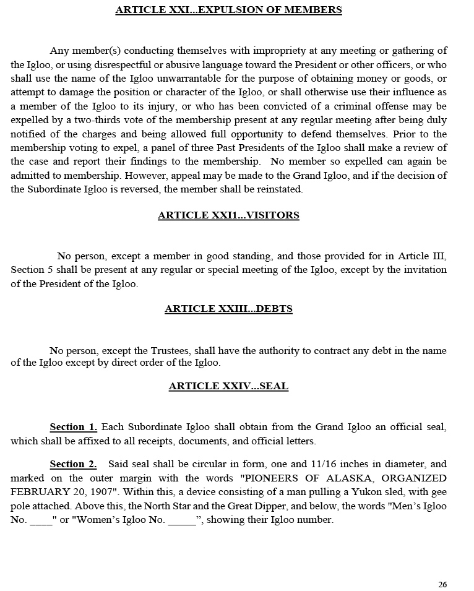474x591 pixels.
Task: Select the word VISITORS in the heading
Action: tap(273, 215)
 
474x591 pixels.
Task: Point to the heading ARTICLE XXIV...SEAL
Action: tap(228, 386)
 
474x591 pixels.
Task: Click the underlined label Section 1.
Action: tap(73, 427)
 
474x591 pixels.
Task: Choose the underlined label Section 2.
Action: tap(73, 464)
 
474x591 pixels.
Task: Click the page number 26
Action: tap(442, 585)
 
